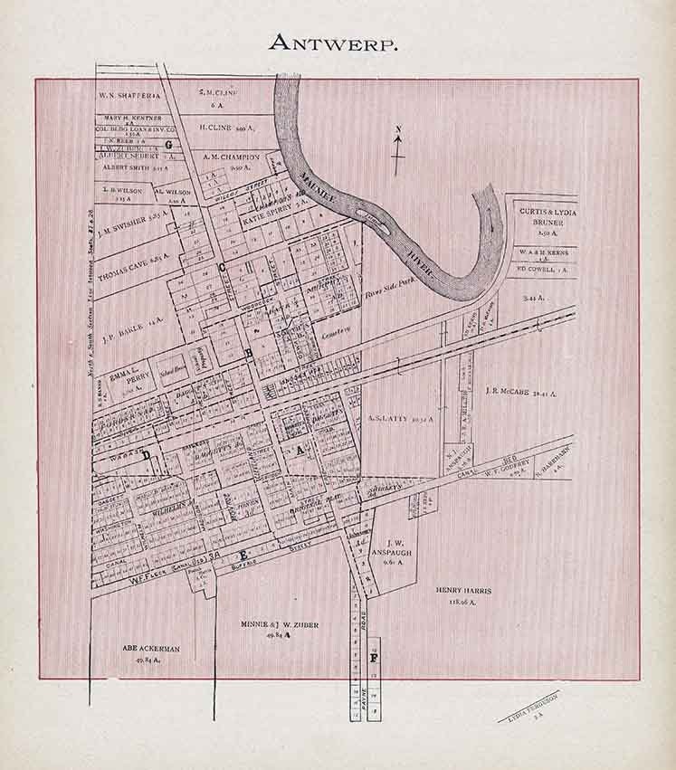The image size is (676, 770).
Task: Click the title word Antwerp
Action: coord(338,43)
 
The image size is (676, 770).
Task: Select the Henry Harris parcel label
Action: coord(463,595)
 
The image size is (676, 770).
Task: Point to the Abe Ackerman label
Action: coord(146,653)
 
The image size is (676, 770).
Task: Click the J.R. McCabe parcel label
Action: coord(520,393)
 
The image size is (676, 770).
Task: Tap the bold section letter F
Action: coord(373,657)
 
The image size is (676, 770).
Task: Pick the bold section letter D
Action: coord(147,457)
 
